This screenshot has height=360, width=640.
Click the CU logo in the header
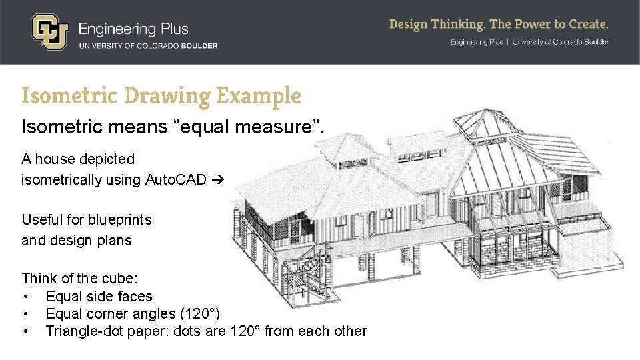(49, 31)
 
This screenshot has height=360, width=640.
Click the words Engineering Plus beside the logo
(133, 29)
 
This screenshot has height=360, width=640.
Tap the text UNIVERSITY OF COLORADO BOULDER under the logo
(148, 45)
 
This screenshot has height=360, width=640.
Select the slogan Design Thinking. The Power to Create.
(499, 25)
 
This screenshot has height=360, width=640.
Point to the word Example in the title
(259, 97)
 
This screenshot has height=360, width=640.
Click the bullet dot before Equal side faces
(25, 297)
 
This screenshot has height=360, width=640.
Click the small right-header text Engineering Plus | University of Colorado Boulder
(529, 42)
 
